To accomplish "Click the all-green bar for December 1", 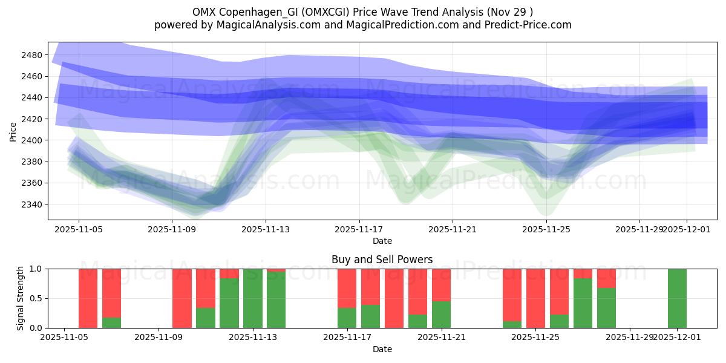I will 677,298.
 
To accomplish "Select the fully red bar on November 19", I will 394,298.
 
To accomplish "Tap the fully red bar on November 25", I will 535,298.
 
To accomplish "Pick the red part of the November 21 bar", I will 441,284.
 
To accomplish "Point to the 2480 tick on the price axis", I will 32,55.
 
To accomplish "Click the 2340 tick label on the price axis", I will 32,204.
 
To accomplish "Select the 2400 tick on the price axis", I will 32,140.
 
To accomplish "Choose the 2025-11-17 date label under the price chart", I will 359,230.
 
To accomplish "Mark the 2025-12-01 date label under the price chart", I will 686,230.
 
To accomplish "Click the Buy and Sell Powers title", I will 382,260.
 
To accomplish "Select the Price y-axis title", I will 13,131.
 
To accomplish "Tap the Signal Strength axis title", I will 21,298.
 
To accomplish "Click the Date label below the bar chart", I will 382,349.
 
